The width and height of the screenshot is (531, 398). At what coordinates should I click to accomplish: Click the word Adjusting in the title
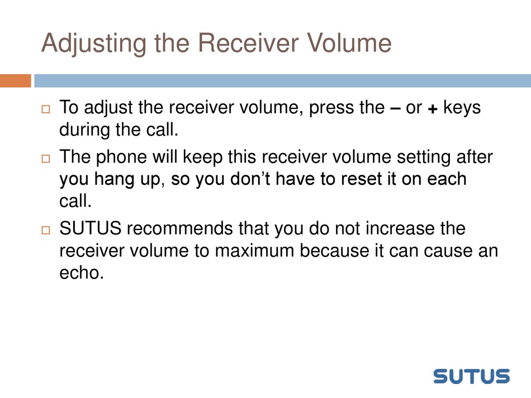[94, 44]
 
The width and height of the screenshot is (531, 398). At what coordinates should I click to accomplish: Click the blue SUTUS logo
[471, 376]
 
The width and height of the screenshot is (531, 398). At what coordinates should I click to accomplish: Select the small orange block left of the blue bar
[16, 81]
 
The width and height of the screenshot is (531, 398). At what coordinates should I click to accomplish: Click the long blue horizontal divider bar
[282, 81]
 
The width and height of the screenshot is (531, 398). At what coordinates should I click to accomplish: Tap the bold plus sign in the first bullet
[433, 109]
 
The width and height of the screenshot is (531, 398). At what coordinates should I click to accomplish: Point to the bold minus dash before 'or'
[395, 108]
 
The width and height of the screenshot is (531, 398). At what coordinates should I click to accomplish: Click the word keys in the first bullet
[462, 108]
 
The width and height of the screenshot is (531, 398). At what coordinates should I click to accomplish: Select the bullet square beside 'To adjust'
[46, 109]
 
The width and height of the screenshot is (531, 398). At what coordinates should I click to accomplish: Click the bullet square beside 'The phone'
[46, 159]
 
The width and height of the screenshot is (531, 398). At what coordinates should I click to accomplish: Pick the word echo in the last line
[81, 272]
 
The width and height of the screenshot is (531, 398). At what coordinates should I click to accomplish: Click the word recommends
[180, 228]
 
